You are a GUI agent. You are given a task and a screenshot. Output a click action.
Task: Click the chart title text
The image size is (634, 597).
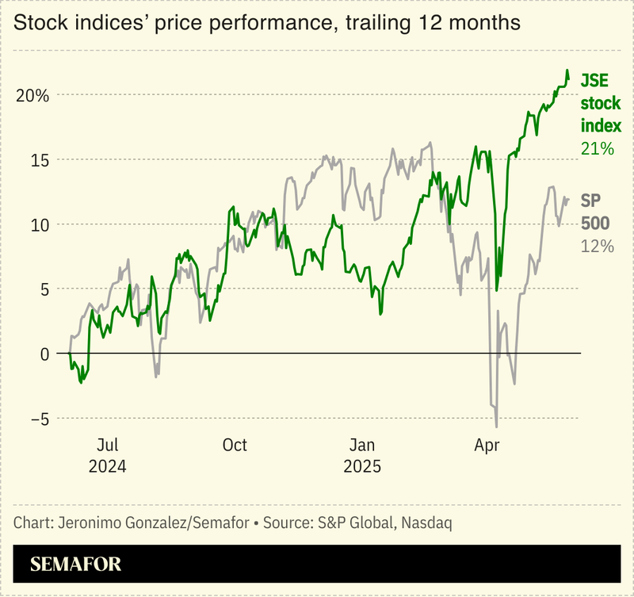[267, 23]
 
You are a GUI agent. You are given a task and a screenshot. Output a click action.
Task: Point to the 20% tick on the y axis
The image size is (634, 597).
[32, 95]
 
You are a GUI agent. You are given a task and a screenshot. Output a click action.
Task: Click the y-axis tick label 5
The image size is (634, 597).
[43, 289]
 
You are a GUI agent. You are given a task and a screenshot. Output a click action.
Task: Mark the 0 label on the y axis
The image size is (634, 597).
[43, 354]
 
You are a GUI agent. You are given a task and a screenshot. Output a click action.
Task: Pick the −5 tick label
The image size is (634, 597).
[36, 419]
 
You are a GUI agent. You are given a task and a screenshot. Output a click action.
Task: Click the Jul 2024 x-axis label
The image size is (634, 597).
[108, 455]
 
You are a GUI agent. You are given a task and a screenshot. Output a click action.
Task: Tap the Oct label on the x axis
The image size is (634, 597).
[235, 446]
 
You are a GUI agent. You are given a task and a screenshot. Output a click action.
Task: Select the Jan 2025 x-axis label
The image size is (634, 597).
[362, 455]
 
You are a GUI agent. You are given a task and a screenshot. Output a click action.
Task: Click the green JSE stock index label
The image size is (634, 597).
[600, 103]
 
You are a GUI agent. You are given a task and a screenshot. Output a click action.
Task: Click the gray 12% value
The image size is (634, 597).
[597, 246]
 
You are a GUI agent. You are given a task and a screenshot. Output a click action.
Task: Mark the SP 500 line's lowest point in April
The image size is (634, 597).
[496, 427]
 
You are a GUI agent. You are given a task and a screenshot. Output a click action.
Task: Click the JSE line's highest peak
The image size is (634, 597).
[567, 71]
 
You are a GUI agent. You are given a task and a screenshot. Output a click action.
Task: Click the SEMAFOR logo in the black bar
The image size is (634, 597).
[75, 564]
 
